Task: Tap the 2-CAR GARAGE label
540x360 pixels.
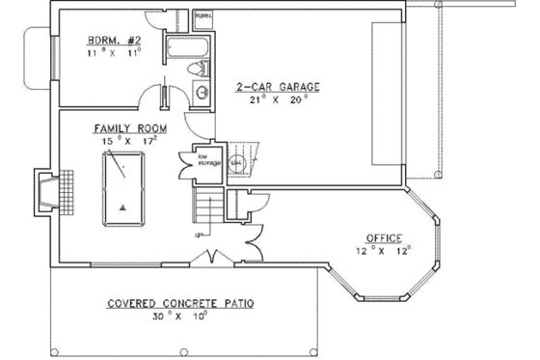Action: coord(278,87)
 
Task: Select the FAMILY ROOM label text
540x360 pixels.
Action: coord(127,128)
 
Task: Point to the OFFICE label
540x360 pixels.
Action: coord(383,237)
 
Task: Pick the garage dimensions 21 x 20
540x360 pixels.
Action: coord(278,99)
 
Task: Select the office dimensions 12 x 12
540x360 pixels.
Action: coord(384,250)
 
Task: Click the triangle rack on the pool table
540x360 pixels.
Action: coord(122,207)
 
